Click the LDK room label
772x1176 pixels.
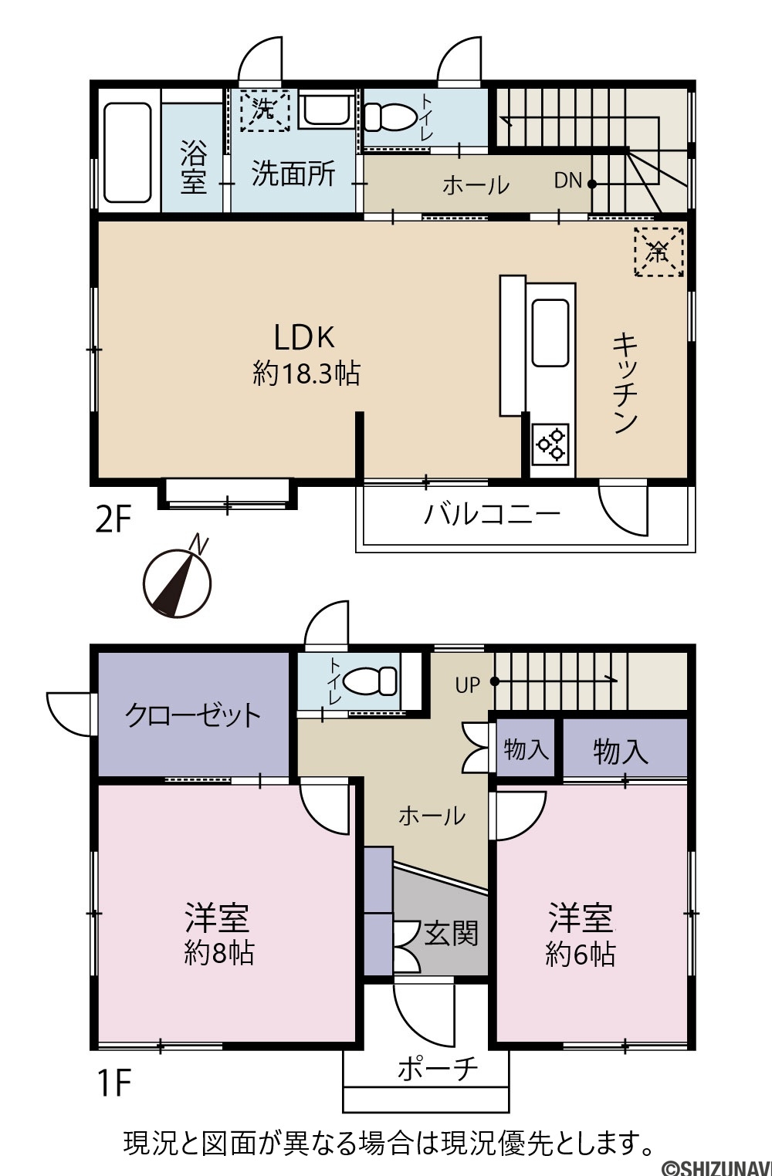[x=304, y=337]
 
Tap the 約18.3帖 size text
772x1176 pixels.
[x=306, y=374]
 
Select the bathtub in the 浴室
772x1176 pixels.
[x=128, y=152]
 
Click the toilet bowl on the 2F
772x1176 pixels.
[x=389, y=117]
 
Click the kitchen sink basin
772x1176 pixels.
[x=550, y=333]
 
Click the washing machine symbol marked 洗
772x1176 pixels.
[x=265, y=110]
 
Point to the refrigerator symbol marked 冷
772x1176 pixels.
[x=659, y=252]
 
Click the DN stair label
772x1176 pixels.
[x=568, y=181]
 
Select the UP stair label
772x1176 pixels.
[x=467, y=685]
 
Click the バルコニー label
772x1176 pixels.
[x=492, y=513]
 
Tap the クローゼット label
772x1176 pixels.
[x=193, y=715]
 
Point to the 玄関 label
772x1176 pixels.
[x=451, y=934]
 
